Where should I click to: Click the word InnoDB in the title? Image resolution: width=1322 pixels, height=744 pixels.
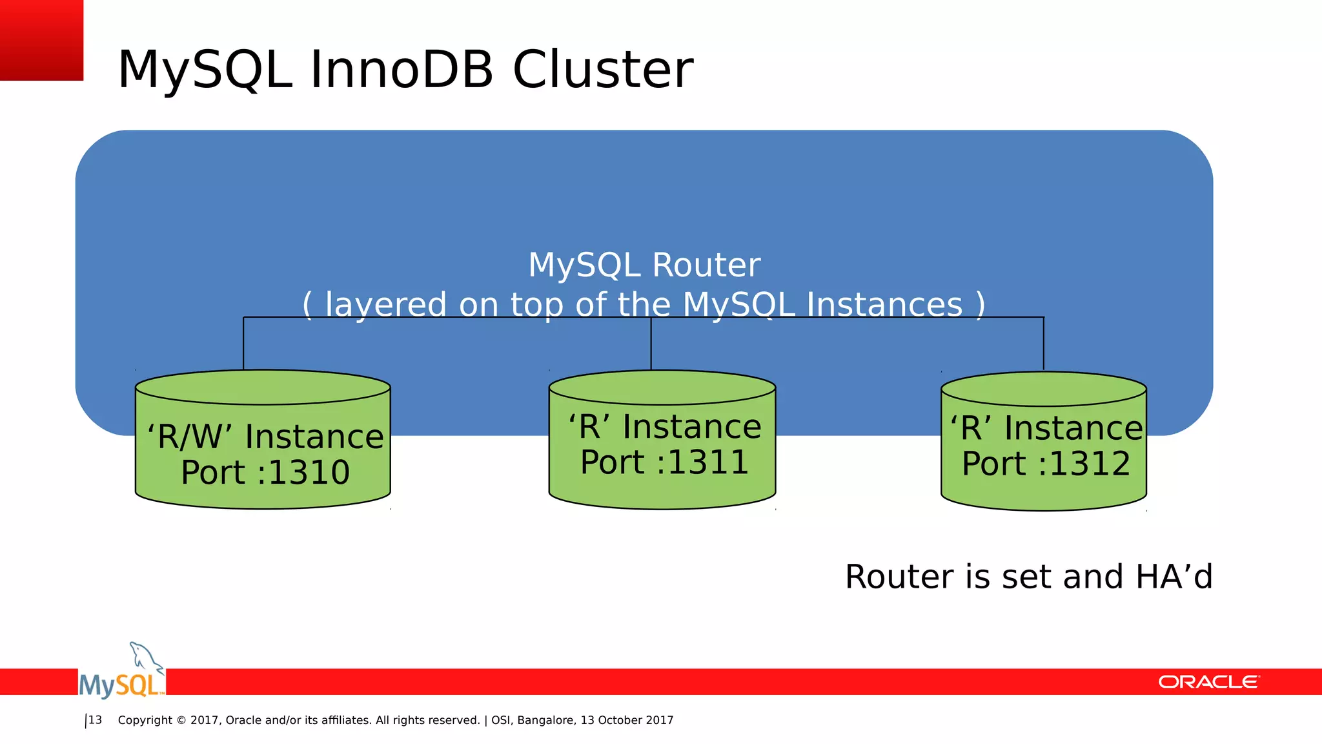pyautogui.click(x=402, y=70)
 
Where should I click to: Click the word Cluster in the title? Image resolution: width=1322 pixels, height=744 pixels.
pyautogui.click(x=602, y=70)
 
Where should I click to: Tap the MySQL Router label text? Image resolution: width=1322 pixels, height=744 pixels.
pyautogui.click(x=644, y=265)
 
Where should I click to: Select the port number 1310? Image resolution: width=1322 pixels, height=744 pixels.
pyautogui.click(x=309, y=473)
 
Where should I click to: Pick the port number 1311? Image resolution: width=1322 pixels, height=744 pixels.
pyautogui.click(x=707, y=462)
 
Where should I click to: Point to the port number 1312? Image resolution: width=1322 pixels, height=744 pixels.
pyautogui.click(x=1090, y=464)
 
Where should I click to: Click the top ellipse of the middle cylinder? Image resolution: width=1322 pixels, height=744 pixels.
pyautogui.click(x=662, y=387)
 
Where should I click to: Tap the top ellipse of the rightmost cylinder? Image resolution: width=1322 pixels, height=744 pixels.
pyautogui.click(x=1044, y=389)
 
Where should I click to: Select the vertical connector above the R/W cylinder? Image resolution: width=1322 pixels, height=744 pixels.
pyautogui.click(x=243, y=344)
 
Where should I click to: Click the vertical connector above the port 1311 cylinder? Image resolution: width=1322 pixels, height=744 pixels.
pyautogui.click(x=651, y=344)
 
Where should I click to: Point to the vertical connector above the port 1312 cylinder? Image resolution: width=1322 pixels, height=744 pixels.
pyautogui.click(x=1044, y=344)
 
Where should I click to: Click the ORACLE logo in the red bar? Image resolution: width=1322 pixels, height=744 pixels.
pyautogui.click(x=1208, y=682)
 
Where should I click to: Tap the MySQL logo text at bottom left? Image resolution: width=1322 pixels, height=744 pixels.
pyautogui.click(x=120, y=685)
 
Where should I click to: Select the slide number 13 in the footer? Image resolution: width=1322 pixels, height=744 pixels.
pyautogui.click(x=95, y=720)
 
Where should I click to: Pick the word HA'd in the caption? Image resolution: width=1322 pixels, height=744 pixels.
pyautogui.click(x=1174, y=577)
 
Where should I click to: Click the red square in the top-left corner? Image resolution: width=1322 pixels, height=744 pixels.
pyautogui.click(x=41, y=40)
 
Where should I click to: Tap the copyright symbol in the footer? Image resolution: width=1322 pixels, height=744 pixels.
pyautogui.click(x=181, y=721)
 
